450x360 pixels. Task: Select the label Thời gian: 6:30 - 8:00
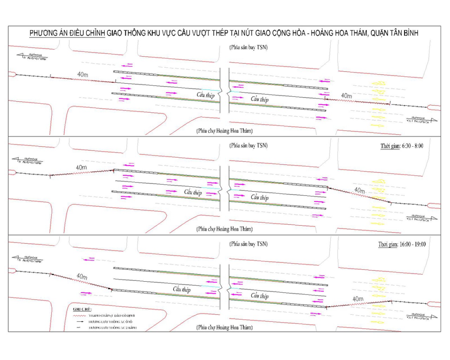point(402,146)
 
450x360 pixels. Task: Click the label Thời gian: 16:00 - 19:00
point(402,244)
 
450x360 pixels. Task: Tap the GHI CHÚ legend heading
point(82,309)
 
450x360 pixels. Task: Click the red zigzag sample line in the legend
point(80,316)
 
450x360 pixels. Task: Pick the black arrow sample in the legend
point(80,322)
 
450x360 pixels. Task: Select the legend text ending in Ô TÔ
point(110,322)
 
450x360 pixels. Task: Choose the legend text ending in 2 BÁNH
point(112,328)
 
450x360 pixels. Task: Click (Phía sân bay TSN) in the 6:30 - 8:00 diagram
point(249,146)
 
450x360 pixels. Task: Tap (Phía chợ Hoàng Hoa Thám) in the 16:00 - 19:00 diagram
point(224,327)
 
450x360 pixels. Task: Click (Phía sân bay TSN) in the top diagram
point(249,47)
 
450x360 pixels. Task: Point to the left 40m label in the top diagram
point(83,75)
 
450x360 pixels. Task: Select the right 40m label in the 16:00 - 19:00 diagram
point(358,299)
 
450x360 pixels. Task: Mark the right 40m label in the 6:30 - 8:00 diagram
point(359,190)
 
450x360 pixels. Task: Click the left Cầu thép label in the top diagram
point(205,95)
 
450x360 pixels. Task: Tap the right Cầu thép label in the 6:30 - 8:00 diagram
point(259,197)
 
